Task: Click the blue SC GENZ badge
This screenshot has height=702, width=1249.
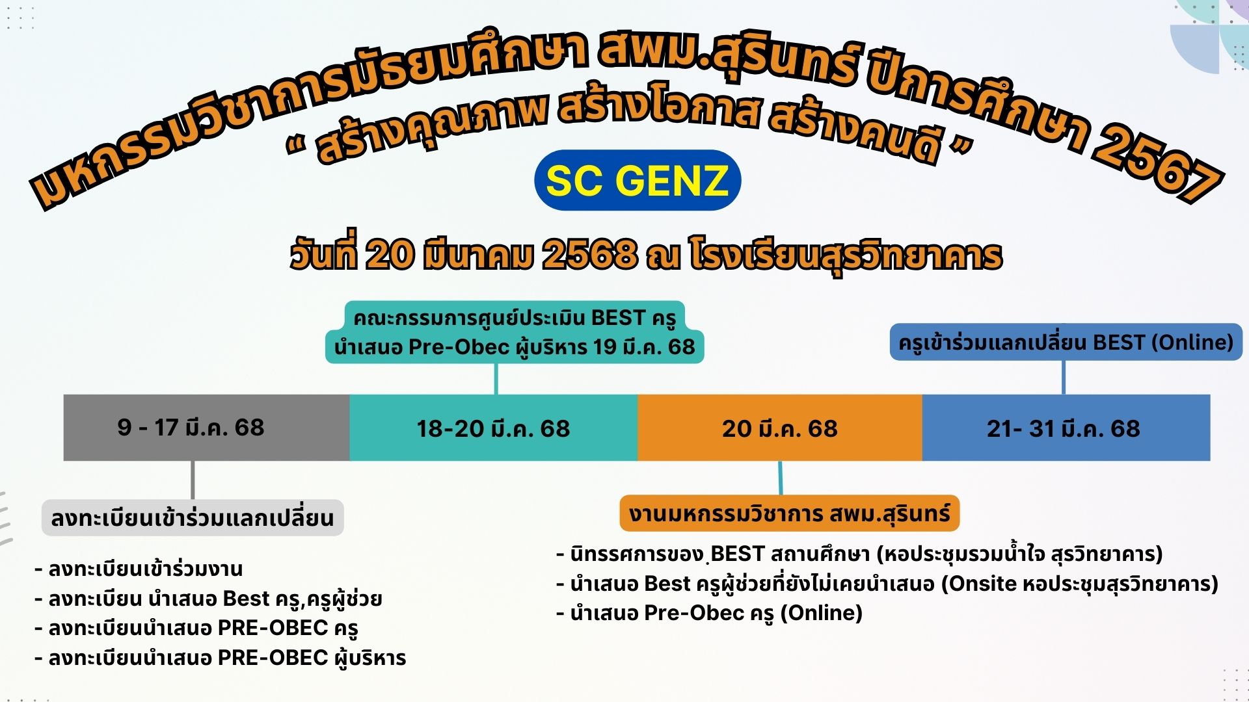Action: pos(638,180)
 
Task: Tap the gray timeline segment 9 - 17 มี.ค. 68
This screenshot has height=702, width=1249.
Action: pos(206,428)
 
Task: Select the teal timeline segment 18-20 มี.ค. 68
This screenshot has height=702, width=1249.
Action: pos(494,428)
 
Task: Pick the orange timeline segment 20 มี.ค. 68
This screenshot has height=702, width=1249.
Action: pos(780,428)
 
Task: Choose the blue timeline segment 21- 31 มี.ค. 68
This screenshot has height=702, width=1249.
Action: pos(1066,428)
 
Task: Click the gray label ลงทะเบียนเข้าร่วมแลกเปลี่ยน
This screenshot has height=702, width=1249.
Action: pos(193,518)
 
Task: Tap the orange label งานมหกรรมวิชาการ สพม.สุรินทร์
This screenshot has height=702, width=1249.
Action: pos(790,513)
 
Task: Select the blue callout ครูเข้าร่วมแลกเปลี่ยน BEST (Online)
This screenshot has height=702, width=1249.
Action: pos(1066,342)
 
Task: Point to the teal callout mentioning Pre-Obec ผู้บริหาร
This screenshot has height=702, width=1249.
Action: pos(515,332)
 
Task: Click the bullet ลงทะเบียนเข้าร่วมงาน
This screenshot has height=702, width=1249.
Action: pos(139,569)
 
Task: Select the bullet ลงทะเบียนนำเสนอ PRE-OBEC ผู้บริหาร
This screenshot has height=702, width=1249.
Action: pos(221,658)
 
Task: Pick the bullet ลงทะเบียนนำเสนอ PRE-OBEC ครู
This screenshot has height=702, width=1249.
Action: pos(196,628)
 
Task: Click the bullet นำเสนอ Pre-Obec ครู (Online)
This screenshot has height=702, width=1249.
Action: pos(710,613)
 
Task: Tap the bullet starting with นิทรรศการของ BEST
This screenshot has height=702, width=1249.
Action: pos(859,554)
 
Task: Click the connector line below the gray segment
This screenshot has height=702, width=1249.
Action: pos(193,480)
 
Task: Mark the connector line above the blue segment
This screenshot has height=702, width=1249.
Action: pos(1064,378)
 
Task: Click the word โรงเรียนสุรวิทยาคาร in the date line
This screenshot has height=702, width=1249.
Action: pos(846,255)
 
